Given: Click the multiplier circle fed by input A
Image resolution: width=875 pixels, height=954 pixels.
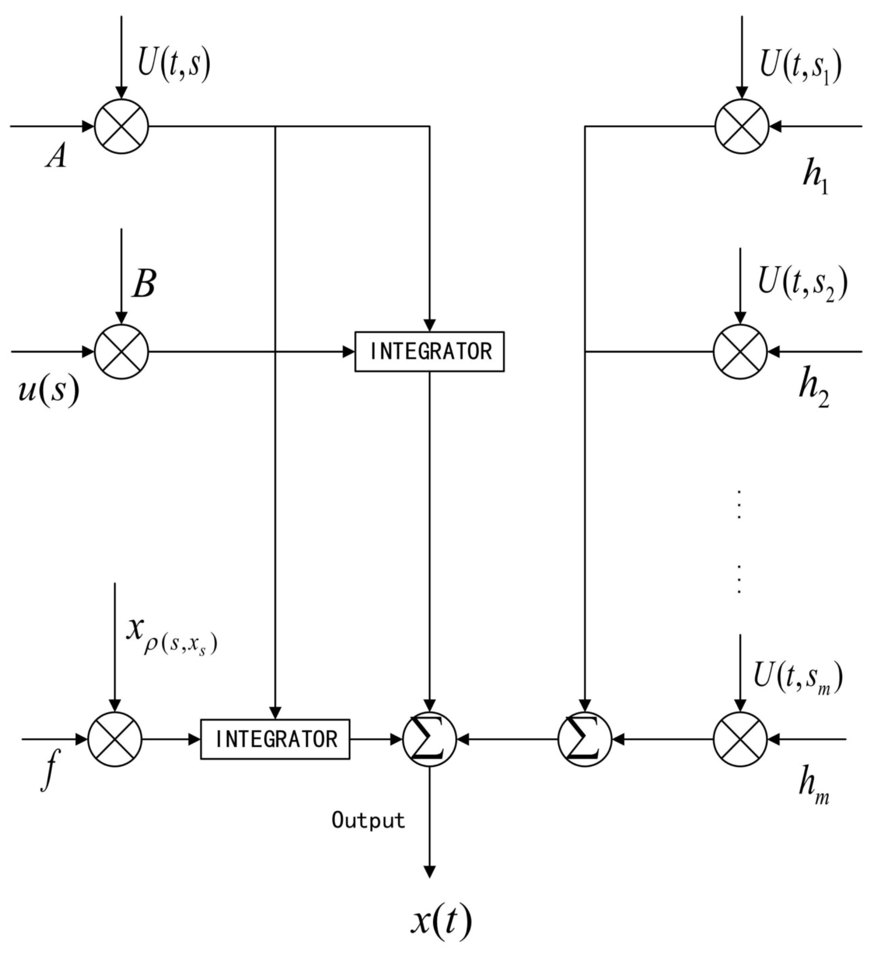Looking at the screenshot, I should [122, 126].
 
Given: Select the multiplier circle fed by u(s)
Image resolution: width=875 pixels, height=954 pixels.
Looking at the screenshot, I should [122, 352].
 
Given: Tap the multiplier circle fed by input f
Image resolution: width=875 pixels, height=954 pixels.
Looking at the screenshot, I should [115, 739].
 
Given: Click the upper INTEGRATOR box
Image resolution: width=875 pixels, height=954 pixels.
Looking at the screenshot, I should [430, 352].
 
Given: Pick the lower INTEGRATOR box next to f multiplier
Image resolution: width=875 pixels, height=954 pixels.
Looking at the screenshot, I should [275, 739].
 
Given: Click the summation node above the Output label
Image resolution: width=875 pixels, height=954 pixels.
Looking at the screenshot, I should [430, 739].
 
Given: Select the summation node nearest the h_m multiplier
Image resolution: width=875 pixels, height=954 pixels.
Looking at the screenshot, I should [585, 739].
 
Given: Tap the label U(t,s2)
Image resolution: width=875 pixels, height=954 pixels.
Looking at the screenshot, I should [802, 283].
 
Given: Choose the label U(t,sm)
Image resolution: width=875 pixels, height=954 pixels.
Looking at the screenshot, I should [798, 676].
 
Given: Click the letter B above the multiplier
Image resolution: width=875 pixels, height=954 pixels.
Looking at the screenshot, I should [144, 285].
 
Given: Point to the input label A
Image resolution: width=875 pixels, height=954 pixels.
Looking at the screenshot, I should [57, 156].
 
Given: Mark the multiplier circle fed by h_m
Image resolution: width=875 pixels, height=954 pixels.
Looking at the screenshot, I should [740, 739].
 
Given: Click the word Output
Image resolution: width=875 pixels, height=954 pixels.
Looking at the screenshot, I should [368, 820].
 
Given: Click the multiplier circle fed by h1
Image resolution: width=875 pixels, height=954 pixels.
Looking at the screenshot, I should [741, 126].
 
